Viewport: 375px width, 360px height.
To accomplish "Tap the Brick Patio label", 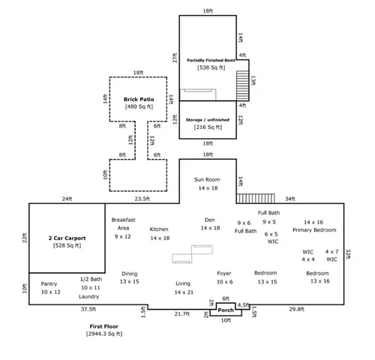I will click(x=138, y=98).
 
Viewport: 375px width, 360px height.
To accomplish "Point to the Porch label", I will click(x=226, y=309).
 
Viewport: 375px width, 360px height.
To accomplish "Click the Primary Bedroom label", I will click(x=314, y=230).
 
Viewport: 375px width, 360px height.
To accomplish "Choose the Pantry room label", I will click(x=49, y=283).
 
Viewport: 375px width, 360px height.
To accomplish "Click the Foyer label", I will click(x=224, y=273).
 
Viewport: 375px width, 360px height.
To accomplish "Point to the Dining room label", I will click(x=129, y=274).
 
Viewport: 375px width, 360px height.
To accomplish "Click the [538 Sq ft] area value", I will click(x=208, y=67).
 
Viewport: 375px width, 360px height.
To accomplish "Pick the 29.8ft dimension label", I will click(x=296, y=308).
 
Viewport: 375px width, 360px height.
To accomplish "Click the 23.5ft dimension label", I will click(x=142, y=199).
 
